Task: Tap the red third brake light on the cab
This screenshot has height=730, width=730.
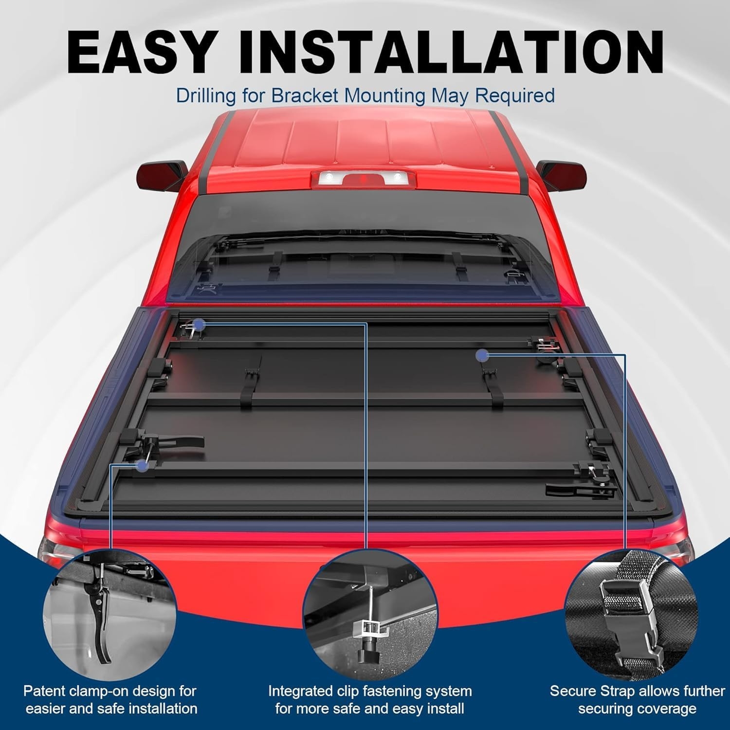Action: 361,179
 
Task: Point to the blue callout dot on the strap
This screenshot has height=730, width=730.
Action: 482,355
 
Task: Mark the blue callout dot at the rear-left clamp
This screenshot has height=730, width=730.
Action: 143,466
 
